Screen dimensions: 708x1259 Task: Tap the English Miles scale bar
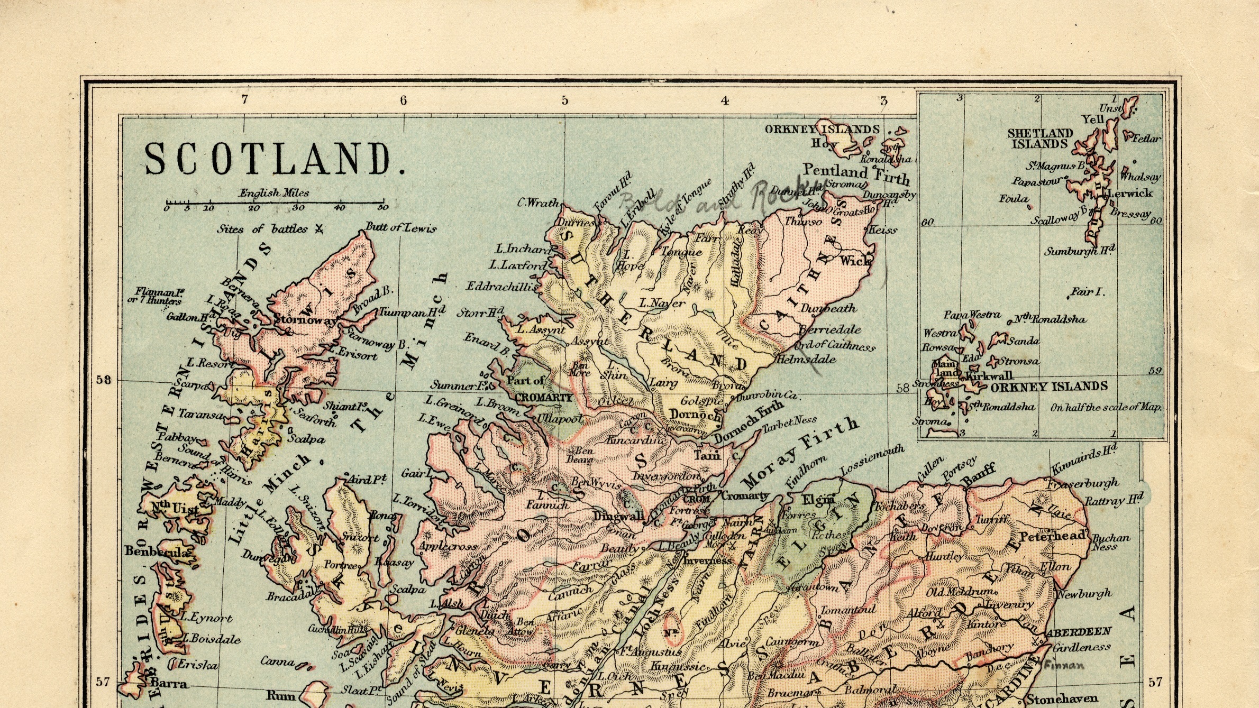pos(275,203)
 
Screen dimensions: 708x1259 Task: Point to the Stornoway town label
pos(305,320)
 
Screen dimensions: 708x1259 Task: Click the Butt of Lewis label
pos(401,228)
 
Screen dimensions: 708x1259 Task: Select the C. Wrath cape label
pos(537,203)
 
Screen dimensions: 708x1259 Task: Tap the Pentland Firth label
pos(856,172)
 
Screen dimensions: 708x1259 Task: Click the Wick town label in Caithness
pos(854,260)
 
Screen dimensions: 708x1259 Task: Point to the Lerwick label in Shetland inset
pos(1130,194)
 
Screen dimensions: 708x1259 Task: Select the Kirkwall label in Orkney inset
pos(989,376)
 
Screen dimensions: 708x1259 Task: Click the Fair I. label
pos(1088,292)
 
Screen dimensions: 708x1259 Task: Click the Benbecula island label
pos(156,551)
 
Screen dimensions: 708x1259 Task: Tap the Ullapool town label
pos(560,419)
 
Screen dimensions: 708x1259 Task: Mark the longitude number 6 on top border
pos(404,100)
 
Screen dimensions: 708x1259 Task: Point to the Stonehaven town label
pos(1062,698)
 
